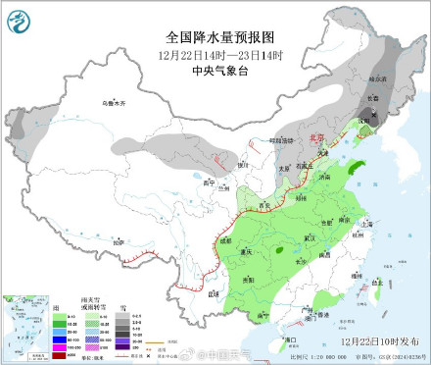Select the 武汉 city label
pyautogui.click(x=311, y=237)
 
